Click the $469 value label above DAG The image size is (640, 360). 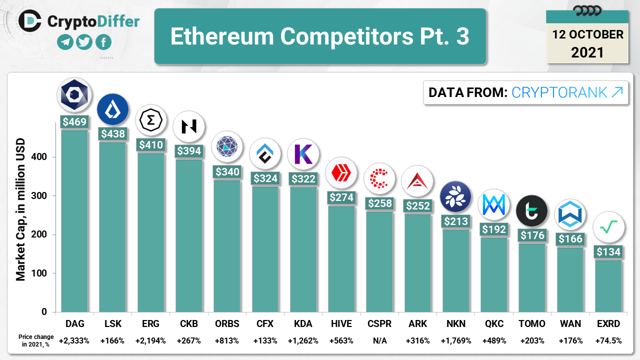[74, 121]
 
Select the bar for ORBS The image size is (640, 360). [227, 245]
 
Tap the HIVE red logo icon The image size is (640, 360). [341, 173]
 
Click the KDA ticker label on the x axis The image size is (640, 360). [303, 323]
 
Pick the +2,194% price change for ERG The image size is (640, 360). [150, 340]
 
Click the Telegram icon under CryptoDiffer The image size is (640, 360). [65, 42]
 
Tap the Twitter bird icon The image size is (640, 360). [84, 42]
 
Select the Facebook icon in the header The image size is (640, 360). [103, 42]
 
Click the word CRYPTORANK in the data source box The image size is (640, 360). [559, 92]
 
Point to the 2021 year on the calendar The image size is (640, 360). [587, 52]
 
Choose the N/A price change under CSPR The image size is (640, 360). [379, 340]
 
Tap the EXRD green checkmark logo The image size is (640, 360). [608, 227]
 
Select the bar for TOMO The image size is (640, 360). [532, 277]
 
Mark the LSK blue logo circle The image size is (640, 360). [112, 109]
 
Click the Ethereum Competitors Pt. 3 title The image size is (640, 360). [320, 36]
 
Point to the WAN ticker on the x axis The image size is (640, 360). [570, 323]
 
